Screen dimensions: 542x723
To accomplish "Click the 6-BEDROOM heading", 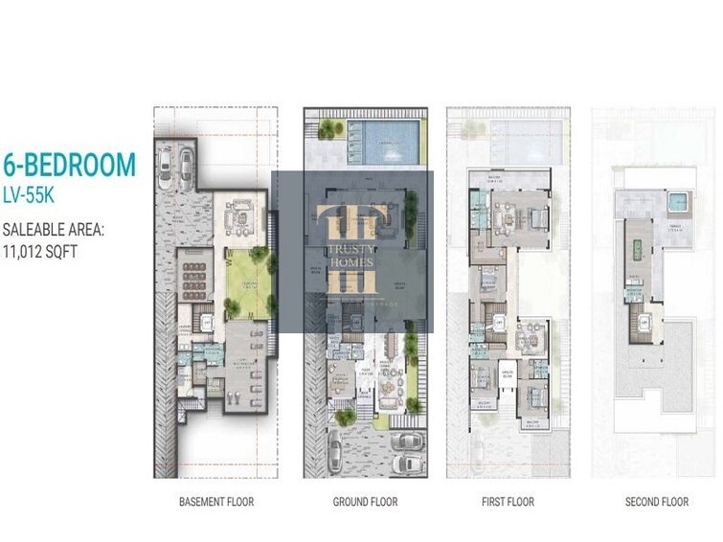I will (x=69, y=166).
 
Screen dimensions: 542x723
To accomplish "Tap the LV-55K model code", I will (x=35, y=195).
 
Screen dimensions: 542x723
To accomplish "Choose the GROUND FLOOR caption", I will (x=365, y=502).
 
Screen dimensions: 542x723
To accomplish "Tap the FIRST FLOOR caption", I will (x=508, y=502).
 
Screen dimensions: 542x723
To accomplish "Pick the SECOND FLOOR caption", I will (x=657, y=502).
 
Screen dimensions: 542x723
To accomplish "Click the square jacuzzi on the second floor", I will (x=677, y=202).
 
